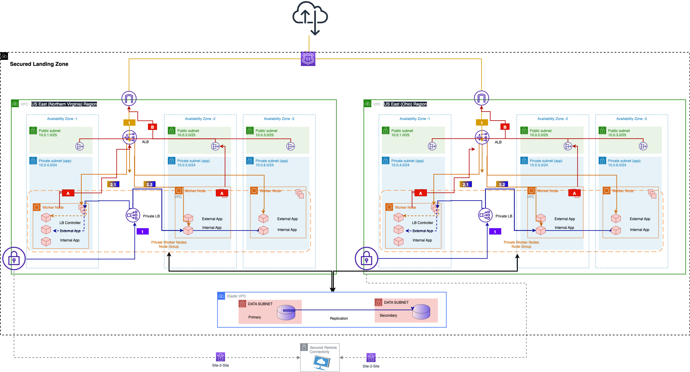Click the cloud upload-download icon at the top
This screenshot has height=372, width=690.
coord(310,17)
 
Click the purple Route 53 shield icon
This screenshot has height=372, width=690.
coord(308,59)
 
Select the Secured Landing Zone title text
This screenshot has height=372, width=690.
coord(39,64)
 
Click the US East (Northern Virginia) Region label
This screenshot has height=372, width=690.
coord(64,104)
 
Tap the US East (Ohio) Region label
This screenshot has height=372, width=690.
coord(405,104)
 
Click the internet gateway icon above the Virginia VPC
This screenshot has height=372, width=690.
coord(129,98)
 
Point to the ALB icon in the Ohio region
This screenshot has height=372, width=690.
coord(482,137)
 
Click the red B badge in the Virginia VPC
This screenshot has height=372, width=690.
coord(152,127)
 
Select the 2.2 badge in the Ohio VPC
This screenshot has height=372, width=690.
coord(502,184)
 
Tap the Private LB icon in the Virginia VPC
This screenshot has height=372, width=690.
coord(133,215)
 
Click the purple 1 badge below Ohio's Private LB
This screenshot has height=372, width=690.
coord(495,232)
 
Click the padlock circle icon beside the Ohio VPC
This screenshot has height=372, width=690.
coord(366,258)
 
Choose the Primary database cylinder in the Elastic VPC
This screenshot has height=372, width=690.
coord(286,312)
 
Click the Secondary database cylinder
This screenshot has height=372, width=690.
coord(421,312)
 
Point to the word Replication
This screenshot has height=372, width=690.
coord(339,318)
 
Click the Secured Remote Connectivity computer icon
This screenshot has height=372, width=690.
coord(321,362)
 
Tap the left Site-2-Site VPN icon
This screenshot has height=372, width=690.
coord(220,357)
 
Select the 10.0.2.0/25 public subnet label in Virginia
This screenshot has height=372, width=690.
coord(186,135)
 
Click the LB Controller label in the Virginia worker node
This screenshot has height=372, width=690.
coord(70,223)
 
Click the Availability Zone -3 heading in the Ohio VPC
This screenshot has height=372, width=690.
coord(631,119)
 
